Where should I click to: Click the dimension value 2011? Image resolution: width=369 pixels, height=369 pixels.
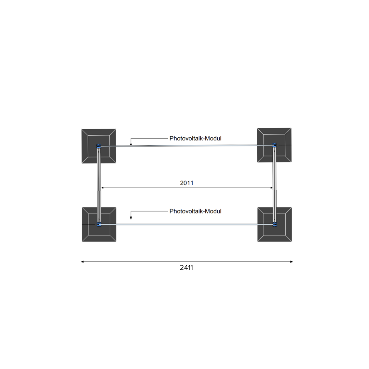187,183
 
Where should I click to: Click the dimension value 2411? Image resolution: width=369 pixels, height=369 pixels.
187,268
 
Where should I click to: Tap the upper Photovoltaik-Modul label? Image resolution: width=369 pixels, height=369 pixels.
195,138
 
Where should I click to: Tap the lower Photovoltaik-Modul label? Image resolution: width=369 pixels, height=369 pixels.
195,211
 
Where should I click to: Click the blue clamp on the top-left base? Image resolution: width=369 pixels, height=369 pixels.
99,146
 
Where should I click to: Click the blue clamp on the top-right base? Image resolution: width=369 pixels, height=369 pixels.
274,145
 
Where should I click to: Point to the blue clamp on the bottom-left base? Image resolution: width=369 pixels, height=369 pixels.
99,224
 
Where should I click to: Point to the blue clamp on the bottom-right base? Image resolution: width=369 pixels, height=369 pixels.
274,224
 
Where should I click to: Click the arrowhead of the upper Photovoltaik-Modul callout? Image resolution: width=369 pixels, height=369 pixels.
131,144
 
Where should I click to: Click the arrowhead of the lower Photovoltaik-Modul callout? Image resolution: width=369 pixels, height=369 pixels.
131,218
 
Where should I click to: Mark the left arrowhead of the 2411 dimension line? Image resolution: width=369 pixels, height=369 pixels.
83,262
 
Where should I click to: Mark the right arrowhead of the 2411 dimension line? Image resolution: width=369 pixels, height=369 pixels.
291,262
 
